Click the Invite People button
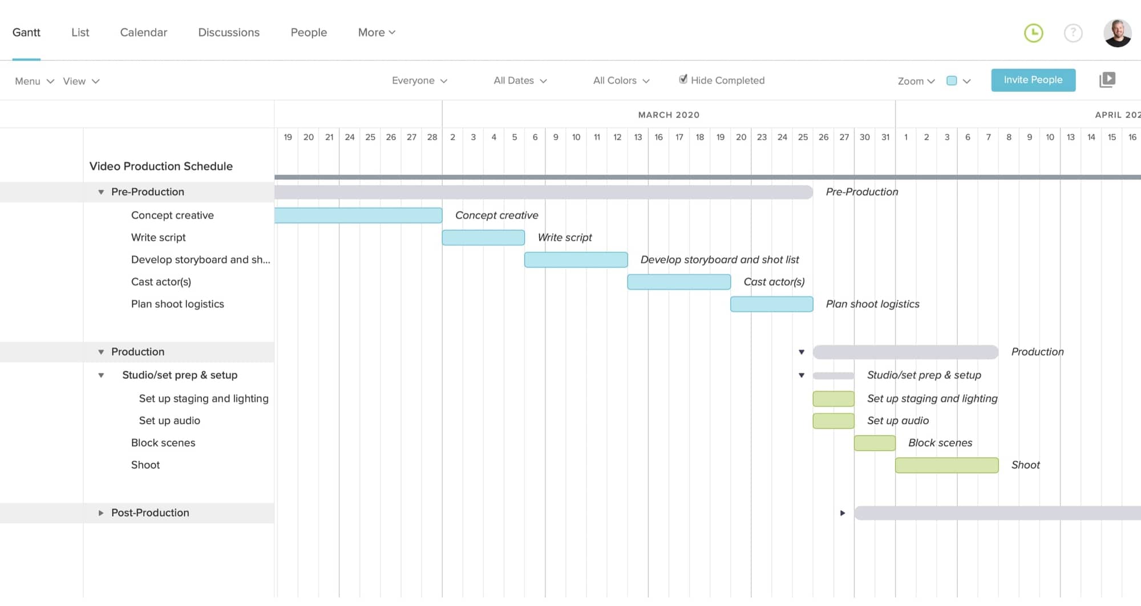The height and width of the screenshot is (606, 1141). tap(1033, 80)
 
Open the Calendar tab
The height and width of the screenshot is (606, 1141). tap(143, 32)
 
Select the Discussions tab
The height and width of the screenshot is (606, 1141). tap(228, 32)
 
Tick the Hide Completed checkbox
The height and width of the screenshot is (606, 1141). tap(683, 80)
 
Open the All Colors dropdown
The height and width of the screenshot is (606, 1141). tap(621, 81)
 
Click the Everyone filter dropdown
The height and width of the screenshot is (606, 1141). tap(419, 81)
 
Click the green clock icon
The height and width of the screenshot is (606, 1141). tap(1033, 33)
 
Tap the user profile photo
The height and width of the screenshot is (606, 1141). tap(1117, 33)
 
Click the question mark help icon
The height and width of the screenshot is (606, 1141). tap(1073, 33)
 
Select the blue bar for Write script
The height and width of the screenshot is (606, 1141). tap(483, 238)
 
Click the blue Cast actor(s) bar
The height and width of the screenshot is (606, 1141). tap(678, 282)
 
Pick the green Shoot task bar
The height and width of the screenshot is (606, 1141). tap(946, 465)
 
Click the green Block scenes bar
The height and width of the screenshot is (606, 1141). tap(874, 443)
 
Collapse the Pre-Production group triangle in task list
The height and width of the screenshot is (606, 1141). tap(101, 192)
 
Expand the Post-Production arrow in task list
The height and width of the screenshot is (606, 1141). tap(101, 513)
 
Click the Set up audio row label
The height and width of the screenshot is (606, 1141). tap(169, 421)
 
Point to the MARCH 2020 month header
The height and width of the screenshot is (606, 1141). tap(668, 115)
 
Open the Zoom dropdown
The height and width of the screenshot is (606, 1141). tap(916, 81)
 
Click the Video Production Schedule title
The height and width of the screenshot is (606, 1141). tap(161, 166)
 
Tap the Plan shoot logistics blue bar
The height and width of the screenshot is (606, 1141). tap(771, 304)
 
